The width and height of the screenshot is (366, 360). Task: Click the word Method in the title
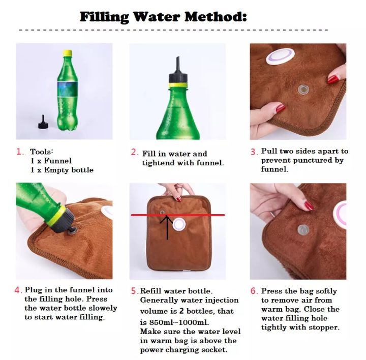click(216, 17)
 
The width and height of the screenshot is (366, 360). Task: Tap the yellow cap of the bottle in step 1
click(67, 53)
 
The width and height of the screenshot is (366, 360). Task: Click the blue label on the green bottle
click(67, 89)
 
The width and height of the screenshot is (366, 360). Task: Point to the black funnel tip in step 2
click(177, 65)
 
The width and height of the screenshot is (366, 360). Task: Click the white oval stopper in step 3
click(280, 56)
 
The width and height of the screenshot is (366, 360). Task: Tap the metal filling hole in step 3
click(303, 89)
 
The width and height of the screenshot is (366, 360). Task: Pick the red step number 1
click(19, 152)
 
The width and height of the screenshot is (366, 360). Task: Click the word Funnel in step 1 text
click(57, 161)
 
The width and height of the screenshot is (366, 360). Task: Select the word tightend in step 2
click(158, 163)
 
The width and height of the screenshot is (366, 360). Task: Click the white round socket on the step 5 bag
click(179, 224)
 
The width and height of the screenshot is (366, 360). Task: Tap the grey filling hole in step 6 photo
click(303, 230)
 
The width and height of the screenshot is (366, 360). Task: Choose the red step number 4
click(17, 290)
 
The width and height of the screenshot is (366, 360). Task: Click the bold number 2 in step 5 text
click(181, 311)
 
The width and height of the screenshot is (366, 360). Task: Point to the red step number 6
click(254, 291)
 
